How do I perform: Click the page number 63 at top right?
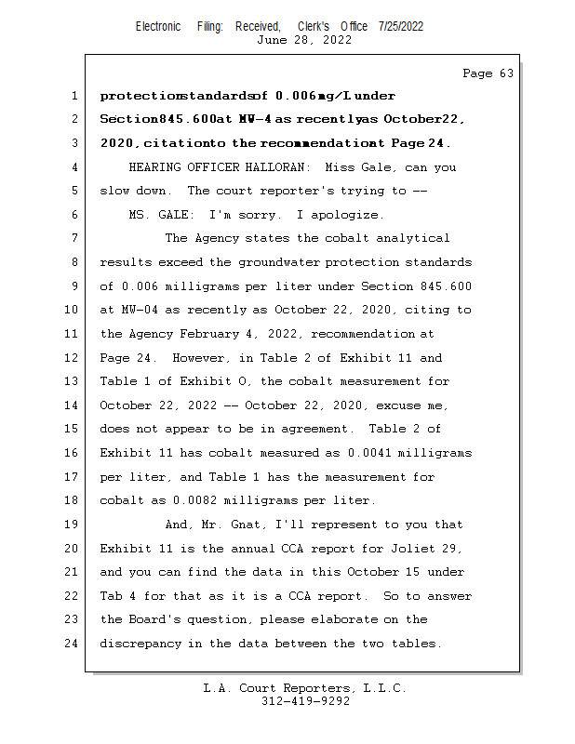[x=488, y=73]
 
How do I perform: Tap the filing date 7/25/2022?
[x=401, y=26]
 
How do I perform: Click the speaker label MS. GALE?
[x=154, y=215]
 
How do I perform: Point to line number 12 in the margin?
[x=73, y=358]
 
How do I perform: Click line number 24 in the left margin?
[x=73, y=644]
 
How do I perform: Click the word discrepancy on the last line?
[x=142, y=644]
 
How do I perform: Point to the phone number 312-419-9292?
[x=305, y=701]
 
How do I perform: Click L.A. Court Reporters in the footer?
[x=270, y=688]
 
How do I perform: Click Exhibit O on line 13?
[x=215, y=381]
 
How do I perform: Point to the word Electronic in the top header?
[x=158, y=26]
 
